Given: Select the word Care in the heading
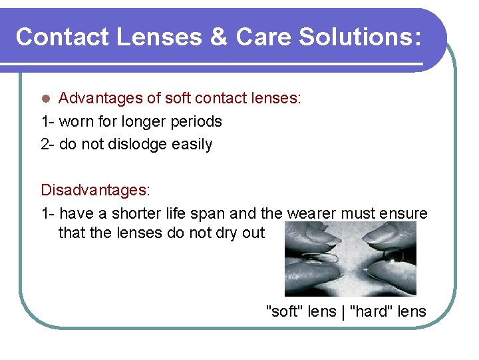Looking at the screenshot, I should [262, 37].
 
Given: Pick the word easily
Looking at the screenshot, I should [190, 144].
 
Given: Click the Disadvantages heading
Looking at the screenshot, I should [95, 190].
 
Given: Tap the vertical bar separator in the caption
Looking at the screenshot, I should [343, 311].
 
